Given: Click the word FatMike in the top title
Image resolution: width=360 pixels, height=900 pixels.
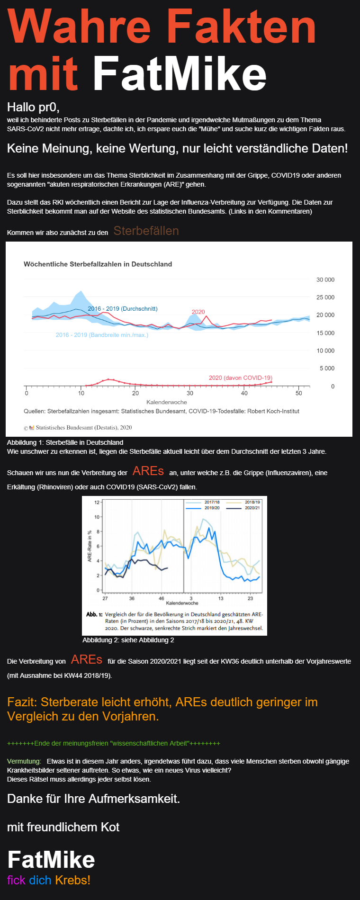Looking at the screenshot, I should coord(180,74).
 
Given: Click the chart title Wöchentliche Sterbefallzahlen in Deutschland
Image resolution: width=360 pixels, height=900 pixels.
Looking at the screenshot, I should coord(98,264).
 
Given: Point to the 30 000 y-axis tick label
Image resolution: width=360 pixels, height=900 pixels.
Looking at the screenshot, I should coord(325,280).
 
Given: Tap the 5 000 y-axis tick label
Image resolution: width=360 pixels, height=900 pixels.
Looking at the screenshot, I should coord(327,369).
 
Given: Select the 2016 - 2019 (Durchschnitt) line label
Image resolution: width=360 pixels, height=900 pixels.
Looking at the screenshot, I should coord(123,309).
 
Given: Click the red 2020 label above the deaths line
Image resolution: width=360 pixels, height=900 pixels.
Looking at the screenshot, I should coord(198,312).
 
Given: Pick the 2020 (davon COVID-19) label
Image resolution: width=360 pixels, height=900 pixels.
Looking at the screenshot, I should coord(241,378).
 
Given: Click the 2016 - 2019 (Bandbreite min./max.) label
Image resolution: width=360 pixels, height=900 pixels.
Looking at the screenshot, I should coord(102,335).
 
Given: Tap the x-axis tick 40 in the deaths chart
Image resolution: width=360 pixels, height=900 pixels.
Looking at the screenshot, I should coord(244,393).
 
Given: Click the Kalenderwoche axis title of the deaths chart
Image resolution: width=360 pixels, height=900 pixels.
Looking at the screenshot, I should coord(167,402).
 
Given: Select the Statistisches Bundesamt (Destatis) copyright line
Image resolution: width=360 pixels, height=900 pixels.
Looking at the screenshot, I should coord(83,427).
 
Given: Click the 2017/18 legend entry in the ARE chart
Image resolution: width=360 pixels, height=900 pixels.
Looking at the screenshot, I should coord(212,502).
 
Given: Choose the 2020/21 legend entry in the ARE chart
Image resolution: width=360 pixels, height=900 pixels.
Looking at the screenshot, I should coord(252,508).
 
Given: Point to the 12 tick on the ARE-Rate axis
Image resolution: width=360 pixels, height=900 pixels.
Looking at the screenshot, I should coord(97,502).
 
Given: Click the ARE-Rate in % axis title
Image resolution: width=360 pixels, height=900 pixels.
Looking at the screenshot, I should coord(90,546).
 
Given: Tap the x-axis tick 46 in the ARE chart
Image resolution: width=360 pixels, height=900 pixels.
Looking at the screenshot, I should coord(161,598).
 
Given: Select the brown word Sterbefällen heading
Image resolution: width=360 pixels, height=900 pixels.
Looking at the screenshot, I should coord(146,231).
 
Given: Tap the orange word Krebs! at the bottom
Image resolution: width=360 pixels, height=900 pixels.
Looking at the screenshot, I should coord(72,880).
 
